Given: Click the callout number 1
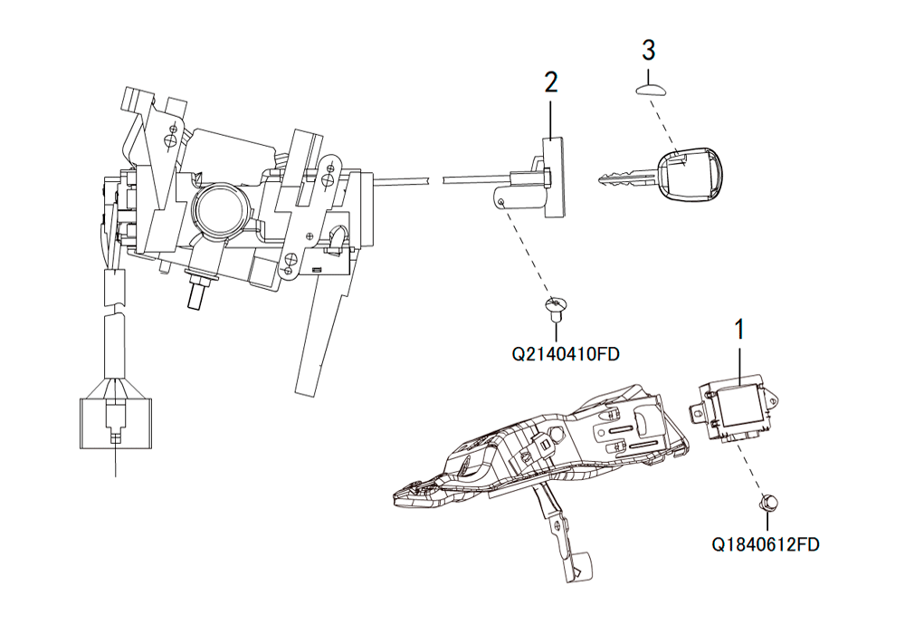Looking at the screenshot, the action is click(738, 330).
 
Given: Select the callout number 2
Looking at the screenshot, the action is click(551, 82).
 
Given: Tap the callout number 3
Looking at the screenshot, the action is click(649, 50).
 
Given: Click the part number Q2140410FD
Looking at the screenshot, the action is click(565, 353).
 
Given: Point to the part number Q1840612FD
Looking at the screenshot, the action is click(766, 544).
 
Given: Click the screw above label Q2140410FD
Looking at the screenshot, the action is click(557, 307).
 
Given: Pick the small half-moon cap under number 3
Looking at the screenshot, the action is click(651, 89).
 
